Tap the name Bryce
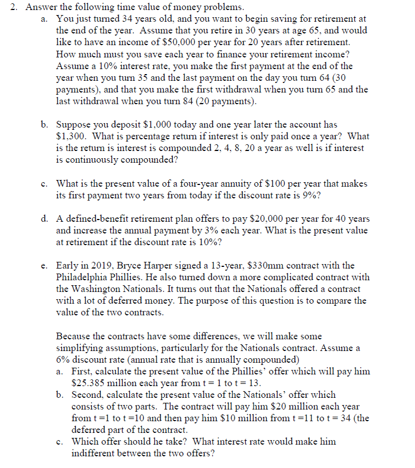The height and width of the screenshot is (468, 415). (x=130, y=266)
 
